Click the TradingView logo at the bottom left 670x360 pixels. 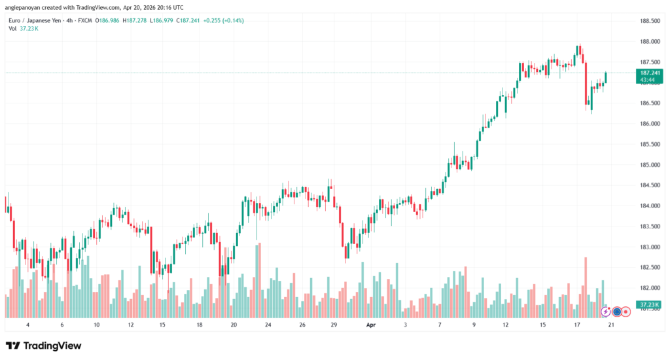click(44, 345)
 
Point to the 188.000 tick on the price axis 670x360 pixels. click(650, 42)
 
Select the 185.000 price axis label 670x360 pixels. click(650, 165)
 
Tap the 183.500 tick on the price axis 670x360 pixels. click(650, 226)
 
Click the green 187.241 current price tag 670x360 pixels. click(650, 73)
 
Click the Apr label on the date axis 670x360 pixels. click(371, 325)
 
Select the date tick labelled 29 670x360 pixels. click(334, 325)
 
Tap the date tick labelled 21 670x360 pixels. click(610, 325)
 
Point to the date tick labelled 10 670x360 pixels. click(96, 325)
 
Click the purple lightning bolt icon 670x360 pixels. click(605, 312)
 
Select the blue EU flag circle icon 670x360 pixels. click(616, 312)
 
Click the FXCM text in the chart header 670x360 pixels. click(84, 20)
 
